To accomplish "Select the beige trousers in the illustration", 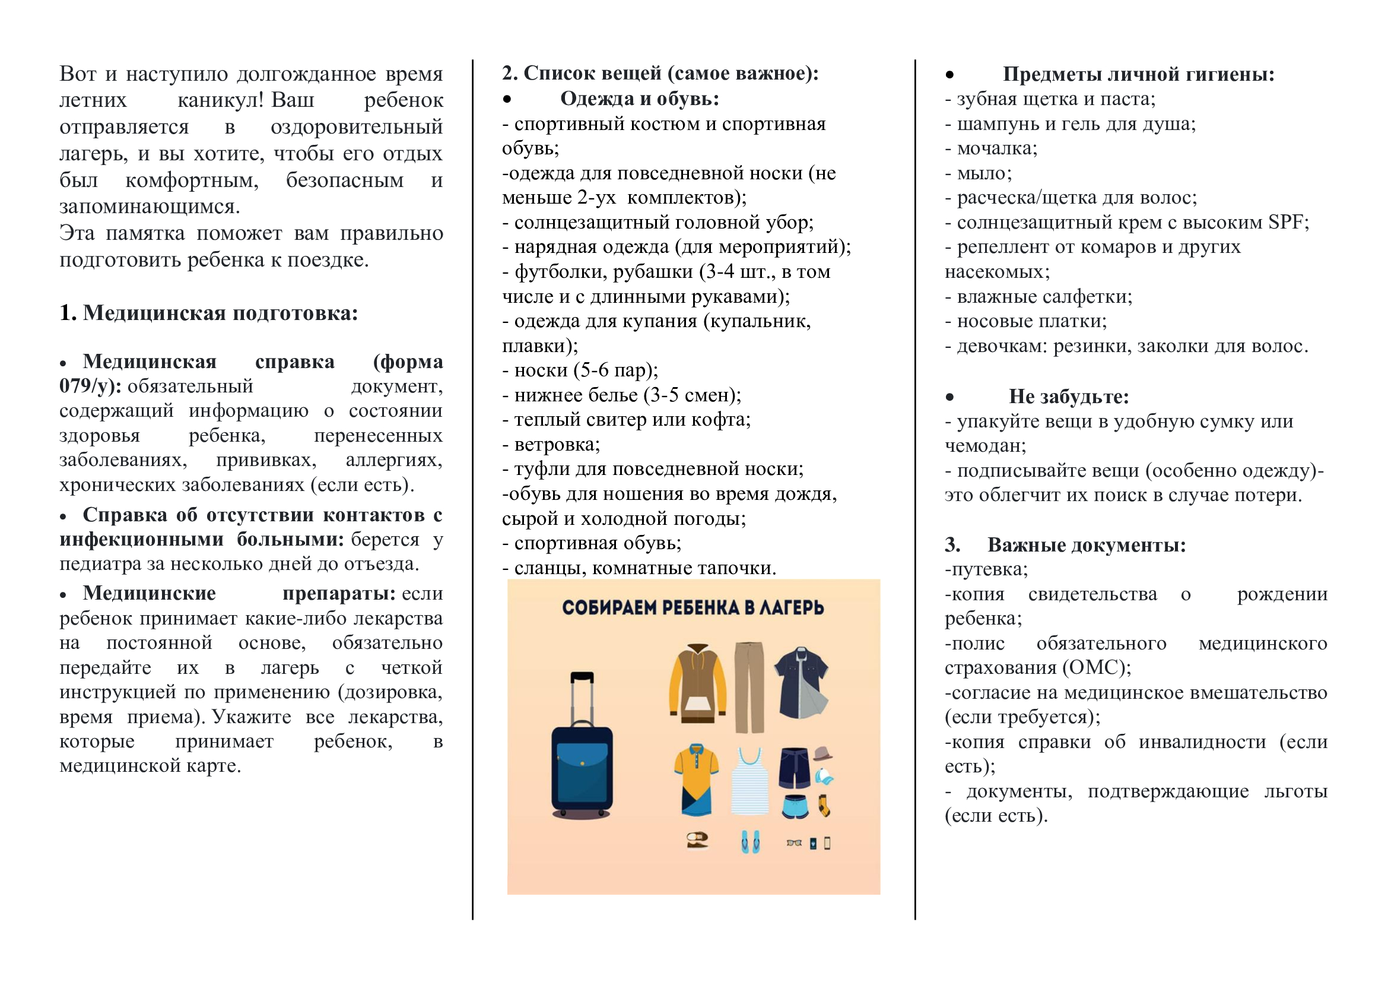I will click(x=749, y=686).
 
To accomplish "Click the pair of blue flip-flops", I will click(x=750, y=841).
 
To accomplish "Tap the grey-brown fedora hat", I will click(x=821, y=753).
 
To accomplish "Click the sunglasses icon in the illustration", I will click(x=794, y=842).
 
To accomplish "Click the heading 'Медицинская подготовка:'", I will click(x=220, y=313).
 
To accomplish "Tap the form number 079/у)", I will click(x=90, y=387).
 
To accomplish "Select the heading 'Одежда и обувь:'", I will click(x=640, y=99).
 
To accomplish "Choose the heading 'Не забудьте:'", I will click(x=1068, y=397).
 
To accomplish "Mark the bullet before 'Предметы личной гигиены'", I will click(x=949, y=75).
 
